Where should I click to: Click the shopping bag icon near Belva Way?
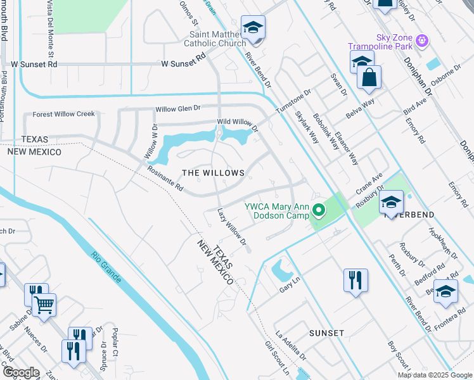[x=369, y=79]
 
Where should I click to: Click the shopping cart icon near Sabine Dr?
[x=44, y=305]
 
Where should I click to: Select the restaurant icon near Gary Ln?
[x=355, y=279]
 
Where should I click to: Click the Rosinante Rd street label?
[x=165, y=179]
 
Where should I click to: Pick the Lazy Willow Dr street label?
[x=231, y=227]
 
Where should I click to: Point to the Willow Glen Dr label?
[x=178, y=109]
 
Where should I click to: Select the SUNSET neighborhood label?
[x=326, y=333]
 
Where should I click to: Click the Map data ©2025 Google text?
[x=434, y=375]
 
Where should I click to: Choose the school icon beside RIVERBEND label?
[x=391, y=203]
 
